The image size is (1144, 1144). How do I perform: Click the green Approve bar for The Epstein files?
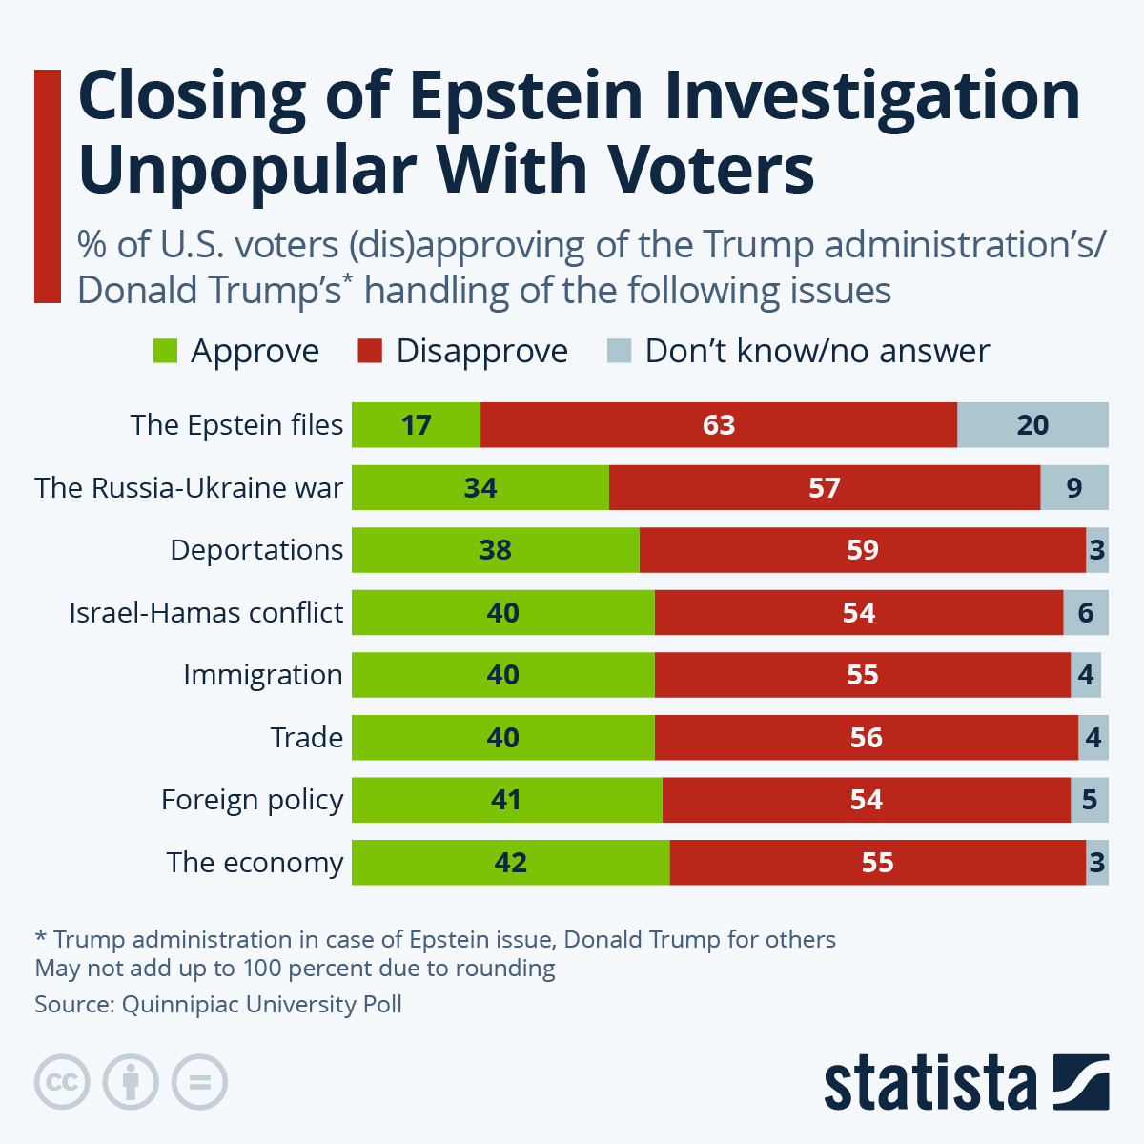pos(416,425)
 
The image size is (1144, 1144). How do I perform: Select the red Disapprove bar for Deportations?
pos(862,550)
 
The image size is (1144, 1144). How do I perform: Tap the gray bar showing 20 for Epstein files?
pos(1032,425)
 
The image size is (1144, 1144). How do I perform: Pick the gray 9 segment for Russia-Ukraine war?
pos(1073,488)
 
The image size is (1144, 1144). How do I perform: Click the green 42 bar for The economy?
pos(510,863)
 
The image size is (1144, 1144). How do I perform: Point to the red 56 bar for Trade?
pos(866,738)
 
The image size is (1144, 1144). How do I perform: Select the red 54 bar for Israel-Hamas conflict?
pos(858,613)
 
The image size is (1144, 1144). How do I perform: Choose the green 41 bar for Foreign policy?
pos(506,800)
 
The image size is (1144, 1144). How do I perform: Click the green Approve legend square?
pos(165,352)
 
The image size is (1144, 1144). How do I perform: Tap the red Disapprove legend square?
pos(370,352)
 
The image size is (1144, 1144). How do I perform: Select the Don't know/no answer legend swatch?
pos(619,352)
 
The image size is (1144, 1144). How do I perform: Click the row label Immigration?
pos(262,675)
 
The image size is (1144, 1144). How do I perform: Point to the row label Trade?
pos(306,738)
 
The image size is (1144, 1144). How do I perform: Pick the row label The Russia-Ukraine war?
pos(189,488)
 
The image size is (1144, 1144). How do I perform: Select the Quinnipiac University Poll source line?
pos(218,1005)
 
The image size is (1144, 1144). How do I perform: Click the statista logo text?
pos(929,1083)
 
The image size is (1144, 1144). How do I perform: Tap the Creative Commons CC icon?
pos(62,1083)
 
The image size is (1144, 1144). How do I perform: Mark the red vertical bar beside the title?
pos(47,186)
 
